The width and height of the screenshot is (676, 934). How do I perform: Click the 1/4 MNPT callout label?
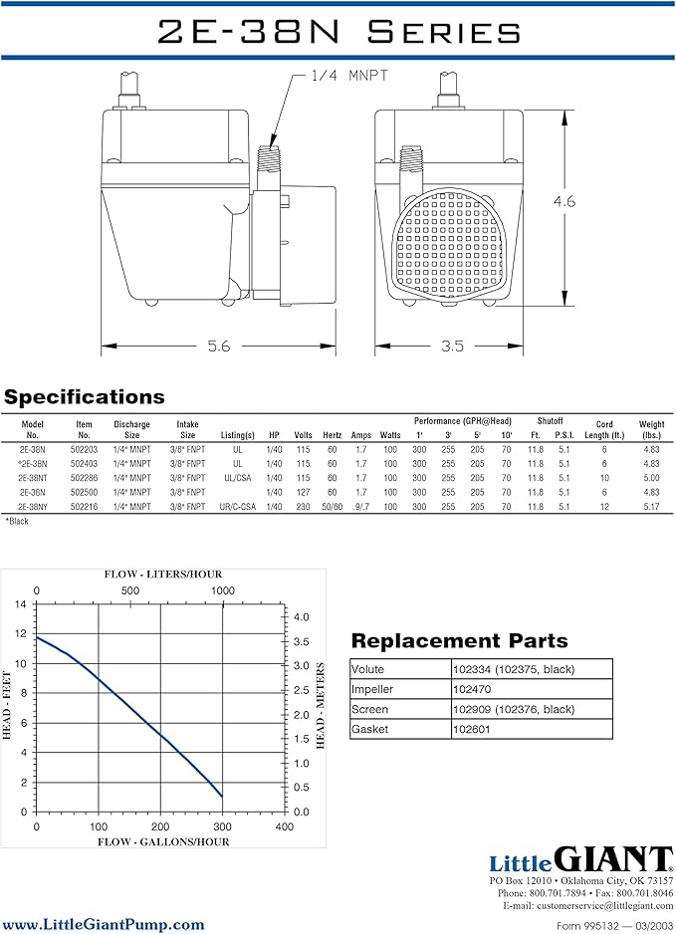tap(349, 76)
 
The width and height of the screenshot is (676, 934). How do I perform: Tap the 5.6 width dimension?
tap(219, 347)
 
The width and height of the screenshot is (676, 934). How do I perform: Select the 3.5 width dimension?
tap(452, 347)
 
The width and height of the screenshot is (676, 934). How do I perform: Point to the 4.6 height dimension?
tap(564, 201)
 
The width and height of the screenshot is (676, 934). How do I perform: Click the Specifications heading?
tap(84, 396)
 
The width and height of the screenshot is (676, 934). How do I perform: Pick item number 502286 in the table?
tap(84, 478)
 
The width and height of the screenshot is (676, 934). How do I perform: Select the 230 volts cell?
tap(304, 506)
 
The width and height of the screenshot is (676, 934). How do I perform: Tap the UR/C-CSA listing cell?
tap(238, 506)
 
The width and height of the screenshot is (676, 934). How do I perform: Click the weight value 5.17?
tap(651, 506)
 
